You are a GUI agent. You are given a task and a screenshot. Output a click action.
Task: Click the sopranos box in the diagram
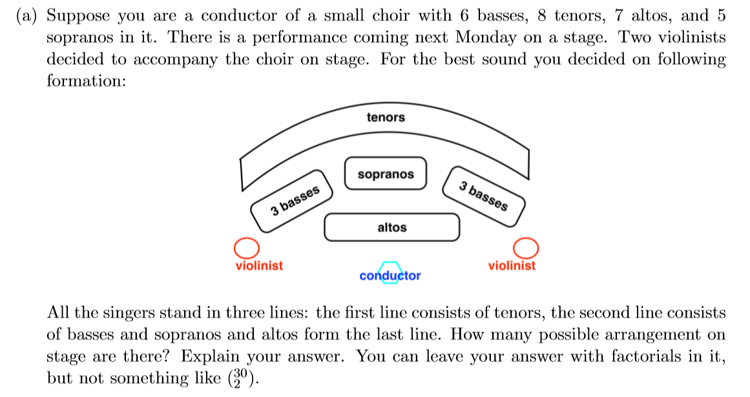[386, 174]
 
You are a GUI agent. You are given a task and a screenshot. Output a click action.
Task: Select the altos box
[391, 227]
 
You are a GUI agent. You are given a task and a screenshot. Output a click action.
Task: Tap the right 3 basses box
[483, 197]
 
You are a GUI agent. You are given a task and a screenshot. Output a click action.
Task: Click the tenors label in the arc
[385, 117]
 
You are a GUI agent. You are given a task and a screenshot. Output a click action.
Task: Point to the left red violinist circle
[246, 248]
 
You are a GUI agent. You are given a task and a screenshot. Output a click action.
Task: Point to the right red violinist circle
[525, 247]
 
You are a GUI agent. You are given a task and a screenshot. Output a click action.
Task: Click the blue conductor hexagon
[389, 272]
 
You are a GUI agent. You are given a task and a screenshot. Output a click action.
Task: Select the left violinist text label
[259, 265]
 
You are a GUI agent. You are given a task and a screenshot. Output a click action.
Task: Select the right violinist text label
[512, 265]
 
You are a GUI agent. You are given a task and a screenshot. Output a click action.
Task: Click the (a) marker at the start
[28, 16]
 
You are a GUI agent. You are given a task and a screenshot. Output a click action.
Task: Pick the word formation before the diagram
[83, 81]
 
